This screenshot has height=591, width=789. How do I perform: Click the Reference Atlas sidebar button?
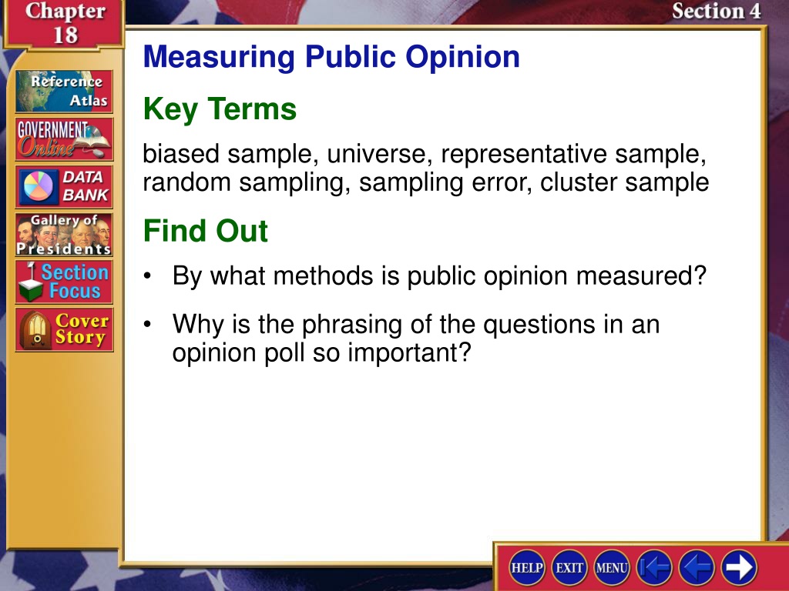[x=64, y=91]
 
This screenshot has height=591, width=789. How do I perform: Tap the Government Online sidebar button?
[x=64, y=139]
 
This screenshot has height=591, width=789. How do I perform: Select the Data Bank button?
[x=64, y=187]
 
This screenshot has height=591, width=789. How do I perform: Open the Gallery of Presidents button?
[x=64, y=235]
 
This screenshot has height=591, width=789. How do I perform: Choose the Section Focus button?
[x=64, y=282]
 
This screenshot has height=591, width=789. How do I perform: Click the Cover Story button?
[x=64, y=329]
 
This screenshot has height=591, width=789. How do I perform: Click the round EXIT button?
[x=569, y=567]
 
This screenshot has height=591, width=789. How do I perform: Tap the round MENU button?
[x=611, y=567]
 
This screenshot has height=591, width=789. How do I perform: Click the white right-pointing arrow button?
[x=739, y=567]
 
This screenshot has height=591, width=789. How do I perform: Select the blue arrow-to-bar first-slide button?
[x=654, y=567]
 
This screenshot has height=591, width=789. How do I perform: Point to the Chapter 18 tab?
[x=65, y=23]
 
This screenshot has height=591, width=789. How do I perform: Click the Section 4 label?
[x=716, y=11]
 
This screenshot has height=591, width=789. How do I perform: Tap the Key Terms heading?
[x=220, y=109]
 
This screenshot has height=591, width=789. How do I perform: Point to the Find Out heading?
[x=205, y=231]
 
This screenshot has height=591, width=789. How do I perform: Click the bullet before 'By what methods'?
[x=147, y=276]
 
